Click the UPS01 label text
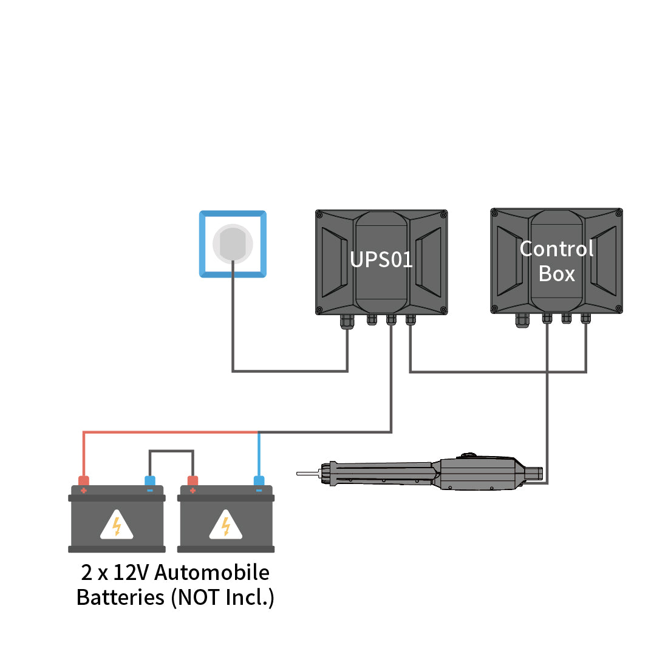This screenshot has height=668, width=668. pos(381,260)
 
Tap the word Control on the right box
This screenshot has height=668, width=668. pos(556,249)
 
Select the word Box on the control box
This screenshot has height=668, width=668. pos(556,274)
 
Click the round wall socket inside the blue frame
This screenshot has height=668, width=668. pos(233,243)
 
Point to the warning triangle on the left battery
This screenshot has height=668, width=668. pos(117,525)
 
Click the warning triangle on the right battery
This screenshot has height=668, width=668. pos(226,525)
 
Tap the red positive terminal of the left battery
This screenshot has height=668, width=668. pos(84,482)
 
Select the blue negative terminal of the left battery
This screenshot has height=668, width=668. pos(150,482)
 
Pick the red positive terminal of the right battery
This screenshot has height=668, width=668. pos(193,482)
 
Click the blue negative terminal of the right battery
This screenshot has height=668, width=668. pos(259,482)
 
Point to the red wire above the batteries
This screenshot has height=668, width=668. pos(170,432)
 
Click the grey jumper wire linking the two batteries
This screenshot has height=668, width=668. pos(171,451)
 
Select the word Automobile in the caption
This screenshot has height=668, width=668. pos(212,573)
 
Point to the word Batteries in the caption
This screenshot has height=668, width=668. pos(120,598)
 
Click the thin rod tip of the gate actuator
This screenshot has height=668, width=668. pos(307,473)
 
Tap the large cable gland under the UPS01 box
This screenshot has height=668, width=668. pos(347,321)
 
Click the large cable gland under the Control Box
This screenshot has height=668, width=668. pos(522,321)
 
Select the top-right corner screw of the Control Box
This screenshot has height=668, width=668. pos(618,213)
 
